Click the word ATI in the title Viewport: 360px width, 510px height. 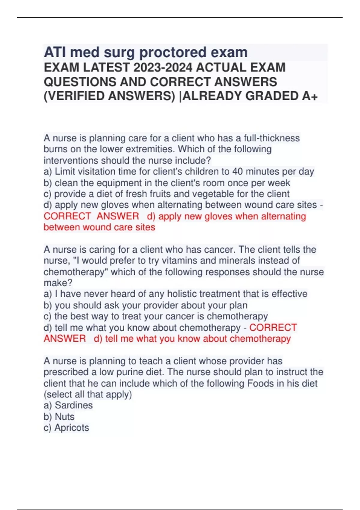pos(54,52)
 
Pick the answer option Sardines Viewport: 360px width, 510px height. pos(73,405)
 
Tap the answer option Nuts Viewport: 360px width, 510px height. pos(64,417)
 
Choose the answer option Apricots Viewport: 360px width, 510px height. pos(72,428)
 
